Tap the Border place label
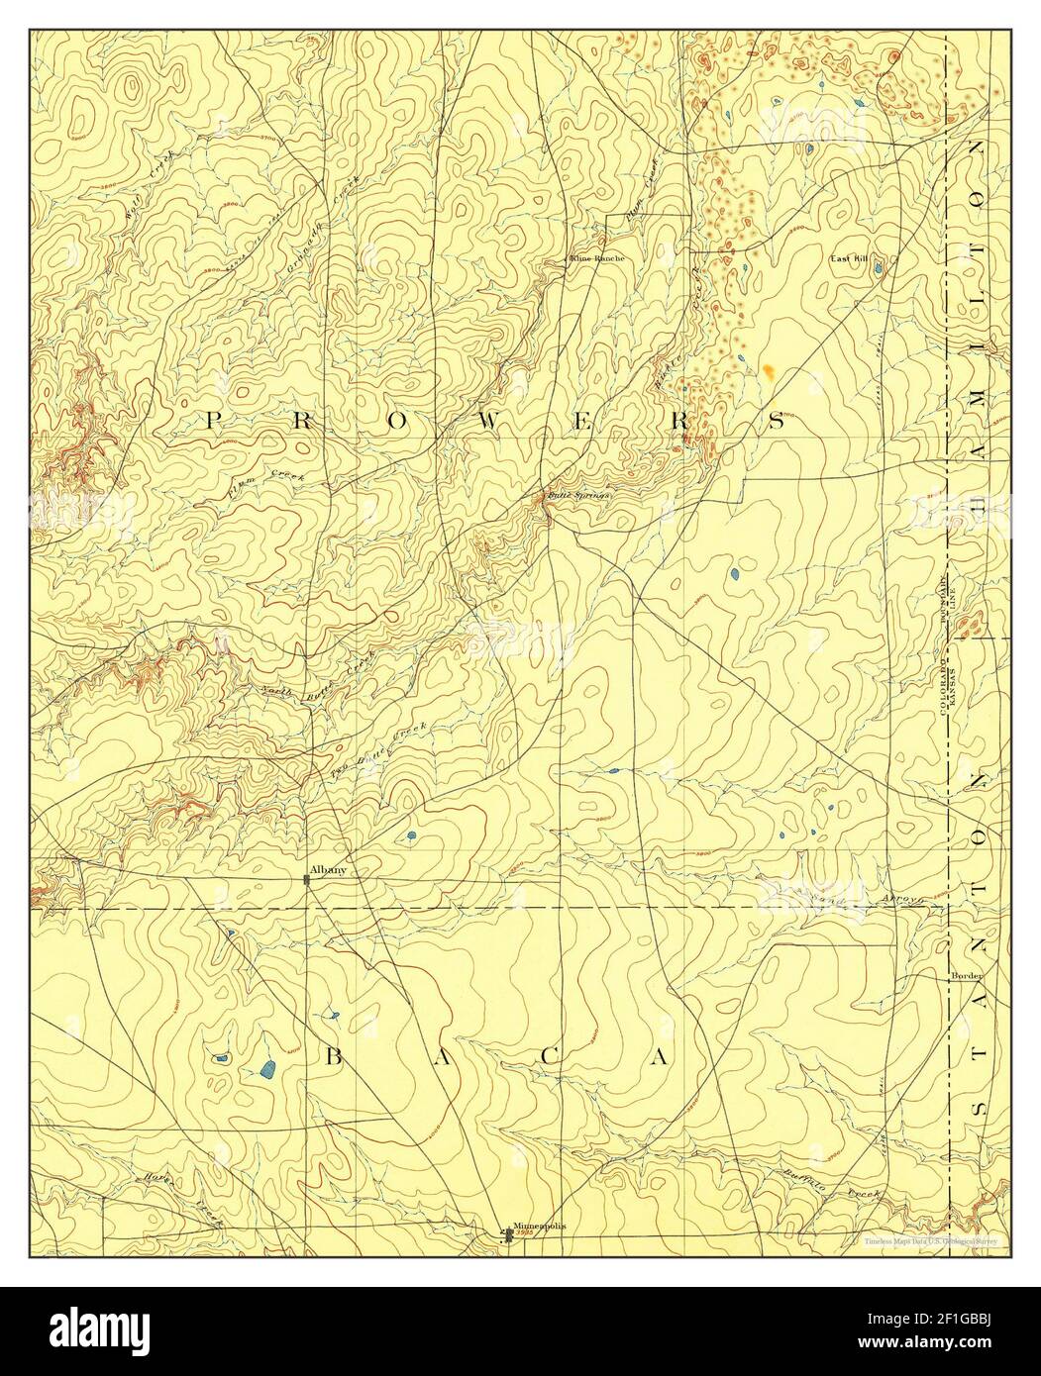(x=966, y=975)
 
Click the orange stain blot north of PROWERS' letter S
(x=769, y=371)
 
